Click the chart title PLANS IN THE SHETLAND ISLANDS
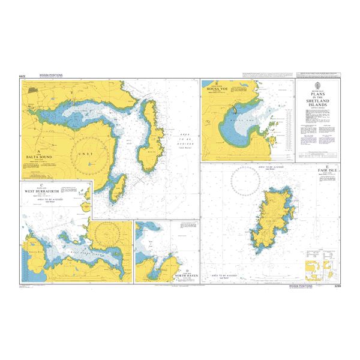[x=317, y=99]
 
